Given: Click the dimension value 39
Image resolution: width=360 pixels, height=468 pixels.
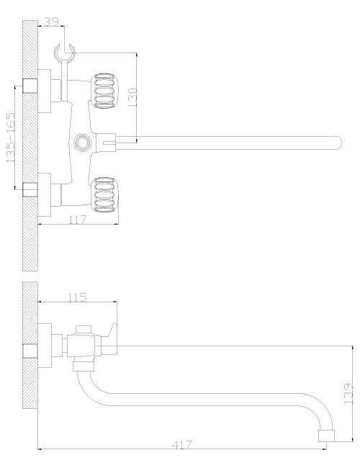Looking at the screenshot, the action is click(51, 22).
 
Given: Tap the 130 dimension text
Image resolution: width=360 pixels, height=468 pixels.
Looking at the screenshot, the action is click(132, 98).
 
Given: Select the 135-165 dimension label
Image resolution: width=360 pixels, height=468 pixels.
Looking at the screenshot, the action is click(11, 138).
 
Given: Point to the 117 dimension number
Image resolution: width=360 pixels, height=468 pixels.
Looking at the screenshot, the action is click(78, 220).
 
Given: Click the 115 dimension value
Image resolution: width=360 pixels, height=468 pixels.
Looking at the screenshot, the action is click(77, 297).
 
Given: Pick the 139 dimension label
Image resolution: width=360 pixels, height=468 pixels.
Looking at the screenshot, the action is click(348, 394).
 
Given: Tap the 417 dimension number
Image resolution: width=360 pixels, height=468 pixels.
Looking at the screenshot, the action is click(181, 445).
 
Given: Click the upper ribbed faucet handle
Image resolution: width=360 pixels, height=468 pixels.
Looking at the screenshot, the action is click(104, 91).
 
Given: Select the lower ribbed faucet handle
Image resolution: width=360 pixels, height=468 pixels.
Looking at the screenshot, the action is click(104, 195).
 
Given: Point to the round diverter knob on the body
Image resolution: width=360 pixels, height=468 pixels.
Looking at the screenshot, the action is click(82, 143).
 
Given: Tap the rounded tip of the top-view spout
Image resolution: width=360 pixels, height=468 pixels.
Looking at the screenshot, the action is click(339, 143).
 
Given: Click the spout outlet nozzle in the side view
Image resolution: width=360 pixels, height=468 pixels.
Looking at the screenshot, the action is click(326, 436).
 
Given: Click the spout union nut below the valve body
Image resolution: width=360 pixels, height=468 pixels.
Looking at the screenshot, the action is click(84, 366).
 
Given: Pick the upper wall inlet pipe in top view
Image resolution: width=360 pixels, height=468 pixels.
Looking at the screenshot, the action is click(30, 86).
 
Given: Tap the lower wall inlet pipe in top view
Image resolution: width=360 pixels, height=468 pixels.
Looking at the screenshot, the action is click(30, 190).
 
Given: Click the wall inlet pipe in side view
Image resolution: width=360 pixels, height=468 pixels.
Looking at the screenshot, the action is click(30, 351).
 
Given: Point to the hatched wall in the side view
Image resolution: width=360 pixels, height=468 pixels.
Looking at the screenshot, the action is click(30, 345).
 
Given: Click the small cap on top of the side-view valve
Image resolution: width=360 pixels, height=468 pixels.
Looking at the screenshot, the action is click(83, 330).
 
